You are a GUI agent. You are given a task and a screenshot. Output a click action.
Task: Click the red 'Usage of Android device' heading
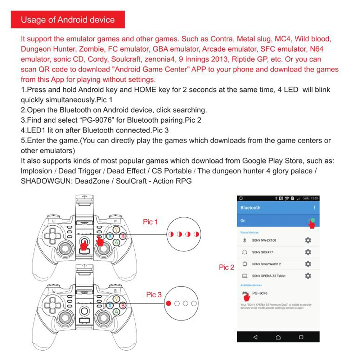point(68,19)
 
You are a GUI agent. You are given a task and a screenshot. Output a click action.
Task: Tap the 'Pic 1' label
point(150,222)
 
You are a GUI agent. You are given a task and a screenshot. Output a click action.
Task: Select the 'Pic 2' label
point(226,267)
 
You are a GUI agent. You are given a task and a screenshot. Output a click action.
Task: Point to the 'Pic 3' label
point(154,295)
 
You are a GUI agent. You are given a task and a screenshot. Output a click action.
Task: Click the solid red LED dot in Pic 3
point(168,303)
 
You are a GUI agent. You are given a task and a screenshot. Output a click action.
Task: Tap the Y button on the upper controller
point(116,229)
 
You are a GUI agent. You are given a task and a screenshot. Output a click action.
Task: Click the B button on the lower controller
point(122,305)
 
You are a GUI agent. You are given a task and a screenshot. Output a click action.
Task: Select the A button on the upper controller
point(116,243)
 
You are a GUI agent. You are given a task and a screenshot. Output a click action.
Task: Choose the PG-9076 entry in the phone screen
point(260,293)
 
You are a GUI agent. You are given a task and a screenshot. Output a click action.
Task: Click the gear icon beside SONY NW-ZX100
point(308,240)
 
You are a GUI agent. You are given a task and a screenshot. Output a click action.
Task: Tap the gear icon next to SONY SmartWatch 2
point(308,264)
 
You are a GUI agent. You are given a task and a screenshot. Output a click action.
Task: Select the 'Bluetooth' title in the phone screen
point(250,208)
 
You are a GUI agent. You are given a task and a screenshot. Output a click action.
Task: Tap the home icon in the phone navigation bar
point(278,337)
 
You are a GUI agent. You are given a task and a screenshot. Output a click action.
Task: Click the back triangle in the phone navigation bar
point(255,337)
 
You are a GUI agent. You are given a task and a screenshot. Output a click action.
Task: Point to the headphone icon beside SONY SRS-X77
point(245,252)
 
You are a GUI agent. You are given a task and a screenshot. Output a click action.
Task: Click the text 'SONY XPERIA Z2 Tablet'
point(269,276)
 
